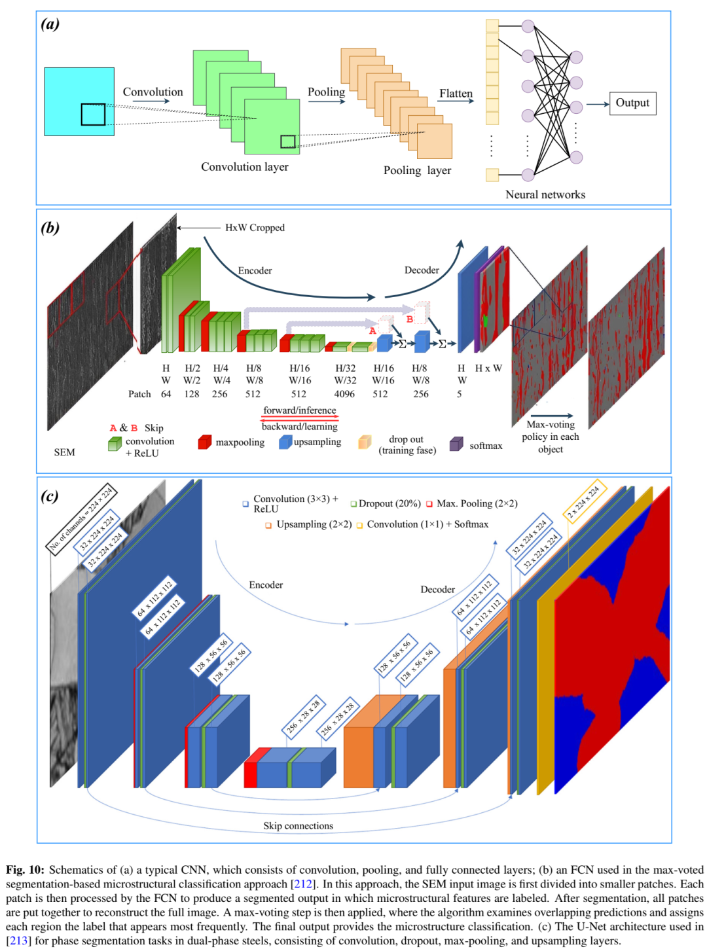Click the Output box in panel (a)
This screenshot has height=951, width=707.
[x=632, y=103]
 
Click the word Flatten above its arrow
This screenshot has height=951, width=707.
[x=456, y=94]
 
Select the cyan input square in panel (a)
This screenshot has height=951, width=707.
[x=79, y=101]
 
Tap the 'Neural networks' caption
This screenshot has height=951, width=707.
[x=545, y=194]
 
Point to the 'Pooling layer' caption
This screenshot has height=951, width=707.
[x=417, y=170]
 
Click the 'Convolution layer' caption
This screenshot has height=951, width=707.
[x=244, y=167]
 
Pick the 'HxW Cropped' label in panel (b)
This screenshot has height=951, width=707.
[x=255, y=228]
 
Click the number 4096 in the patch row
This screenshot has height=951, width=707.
[x=344, y=394]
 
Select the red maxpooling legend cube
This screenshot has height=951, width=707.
[x=204, y=442]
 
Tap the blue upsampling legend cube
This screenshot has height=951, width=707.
[x=285, y=442]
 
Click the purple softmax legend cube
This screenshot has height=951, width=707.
[x=456, y=444]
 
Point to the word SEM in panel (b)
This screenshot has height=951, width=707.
[x=64, y=452]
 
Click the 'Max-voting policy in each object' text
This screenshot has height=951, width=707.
[x=550, y=437]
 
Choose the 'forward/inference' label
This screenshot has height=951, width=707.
[x=299, y=410]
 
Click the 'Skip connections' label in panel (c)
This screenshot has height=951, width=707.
[x=298, y=826]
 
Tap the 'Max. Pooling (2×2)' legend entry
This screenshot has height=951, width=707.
[x=477, y=503]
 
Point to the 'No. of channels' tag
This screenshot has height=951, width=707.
[x=80, y=518]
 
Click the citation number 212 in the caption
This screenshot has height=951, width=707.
[x=302, y=884]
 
